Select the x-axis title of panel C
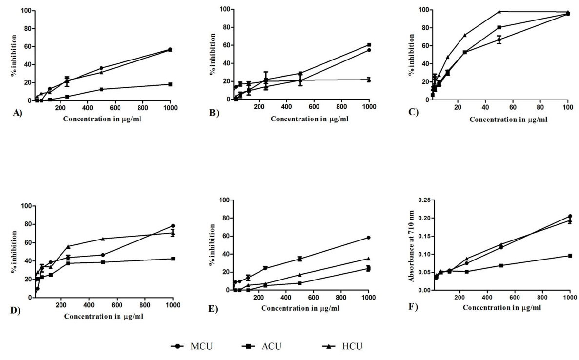click(x=495, y=120)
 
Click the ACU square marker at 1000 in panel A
click(x=170, y=84)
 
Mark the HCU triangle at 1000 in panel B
click(x=369, y=80)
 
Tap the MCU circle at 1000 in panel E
click(x=369, y=238)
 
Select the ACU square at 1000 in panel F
click(x=570, y=256)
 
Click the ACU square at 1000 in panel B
click(x=369, y=45)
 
